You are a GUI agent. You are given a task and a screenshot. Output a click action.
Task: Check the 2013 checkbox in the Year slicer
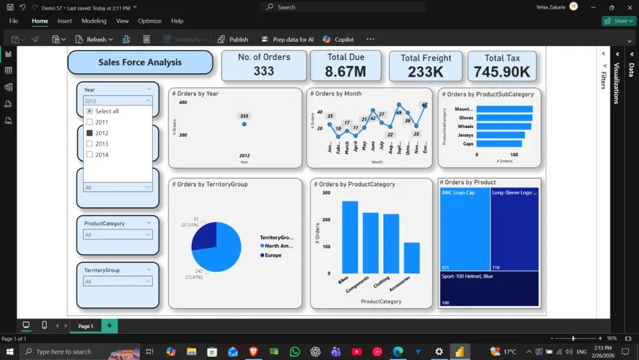click(89, 144)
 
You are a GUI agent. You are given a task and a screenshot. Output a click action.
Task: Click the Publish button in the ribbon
click(233, 39)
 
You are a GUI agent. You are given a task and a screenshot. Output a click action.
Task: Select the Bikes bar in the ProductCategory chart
click(350, 237)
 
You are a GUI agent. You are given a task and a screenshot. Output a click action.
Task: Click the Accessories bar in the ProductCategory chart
click(412, 258)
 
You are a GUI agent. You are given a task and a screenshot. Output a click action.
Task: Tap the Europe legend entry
click(273, 255)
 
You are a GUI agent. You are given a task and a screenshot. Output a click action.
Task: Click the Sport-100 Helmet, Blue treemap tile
click(489, 288)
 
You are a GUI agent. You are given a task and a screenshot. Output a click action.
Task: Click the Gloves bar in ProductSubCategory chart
click(504, 118)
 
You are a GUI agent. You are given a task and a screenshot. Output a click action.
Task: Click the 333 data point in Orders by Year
click(244, 124)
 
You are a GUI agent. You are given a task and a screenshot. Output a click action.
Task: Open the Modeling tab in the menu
click(94, 21)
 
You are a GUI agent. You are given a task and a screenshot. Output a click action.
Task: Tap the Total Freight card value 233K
click(426, 72)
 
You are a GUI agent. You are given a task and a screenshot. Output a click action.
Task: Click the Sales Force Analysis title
click(140, 63)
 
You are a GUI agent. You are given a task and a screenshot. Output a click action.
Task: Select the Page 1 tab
click(86, 326)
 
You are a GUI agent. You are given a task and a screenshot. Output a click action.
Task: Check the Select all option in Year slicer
click(89, 111)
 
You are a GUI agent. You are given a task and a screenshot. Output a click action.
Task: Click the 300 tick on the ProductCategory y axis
click(327, 192)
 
